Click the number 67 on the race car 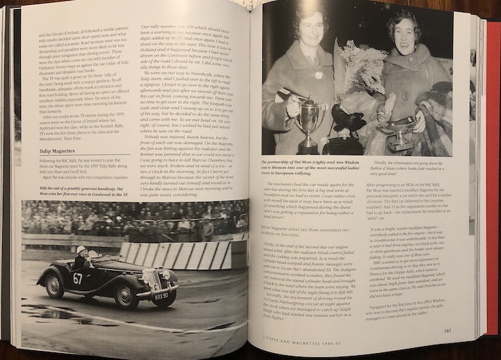point(78,278)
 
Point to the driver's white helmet point(81,250)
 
